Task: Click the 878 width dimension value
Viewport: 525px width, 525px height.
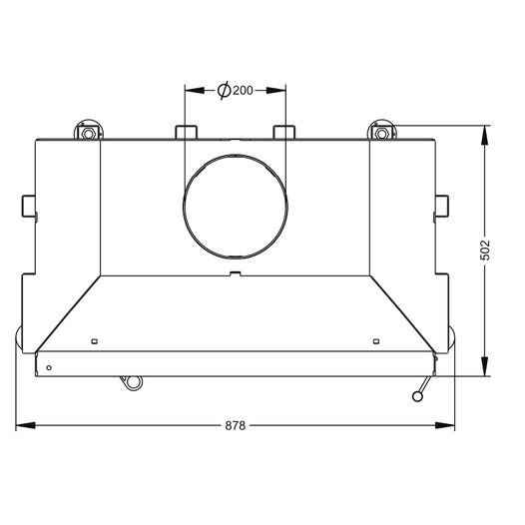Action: [235, 425]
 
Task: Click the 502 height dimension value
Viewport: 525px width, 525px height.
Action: [485, 250]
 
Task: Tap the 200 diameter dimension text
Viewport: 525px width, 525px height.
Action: [243, 91]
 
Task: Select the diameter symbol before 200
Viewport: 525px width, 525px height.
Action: [224, 90]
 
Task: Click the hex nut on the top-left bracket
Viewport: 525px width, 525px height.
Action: [89, 134]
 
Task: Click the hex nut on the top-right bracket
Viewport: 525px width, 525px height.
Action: [381, 134]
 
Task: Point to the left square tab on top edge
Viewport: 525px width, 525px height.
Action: [187, 132]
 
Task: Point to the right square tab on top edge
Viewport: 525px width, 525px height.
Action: [284, 132]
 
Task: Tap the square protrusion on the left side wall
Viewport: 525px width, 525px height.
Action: [29, 206]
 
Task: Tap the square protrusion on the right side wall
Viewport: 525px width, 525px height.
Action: [441, 206]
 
